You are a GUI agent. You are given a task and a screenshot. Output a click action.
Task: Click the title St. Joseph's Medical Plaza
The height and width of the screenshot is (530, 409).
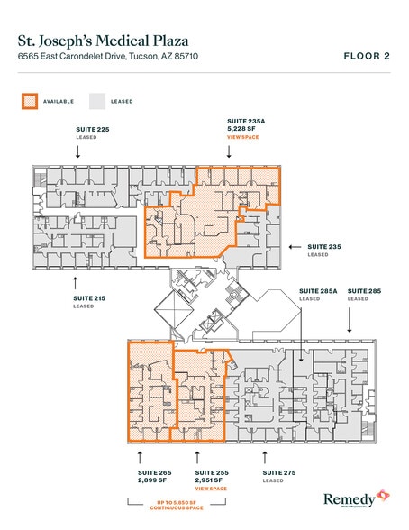point(101,40)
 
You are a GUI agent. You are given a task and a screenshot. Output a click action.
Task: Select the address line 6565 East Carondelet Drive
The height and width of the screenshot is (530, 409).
point(108,57)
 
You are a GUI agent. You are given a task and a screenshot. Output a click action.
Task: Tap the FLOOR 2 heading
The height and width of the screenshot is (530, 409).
point(367,56)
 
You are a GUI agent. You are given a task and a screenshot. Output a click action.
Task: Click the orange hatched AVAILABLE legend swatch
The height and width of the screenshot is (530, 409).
point(29,101)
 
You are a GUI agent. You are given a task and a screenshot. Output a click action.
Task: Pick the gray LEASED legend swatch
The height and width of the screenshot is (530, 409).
point(96,101)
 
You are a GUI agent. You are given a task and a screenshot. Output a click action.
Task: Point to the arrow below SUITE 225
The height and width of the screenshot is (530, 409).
point(78,152)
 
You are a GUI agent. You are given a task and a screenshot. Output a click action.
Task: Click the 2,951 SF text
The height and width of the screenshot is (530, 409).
point(211,480)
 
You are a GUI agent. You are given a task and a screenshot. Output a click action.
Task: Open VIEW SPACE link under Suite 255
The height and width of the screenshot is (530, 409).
point(212,489)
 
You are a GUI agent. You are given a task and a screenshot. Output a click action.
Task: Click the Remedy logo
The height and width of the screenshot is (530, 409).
point(355,498)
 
